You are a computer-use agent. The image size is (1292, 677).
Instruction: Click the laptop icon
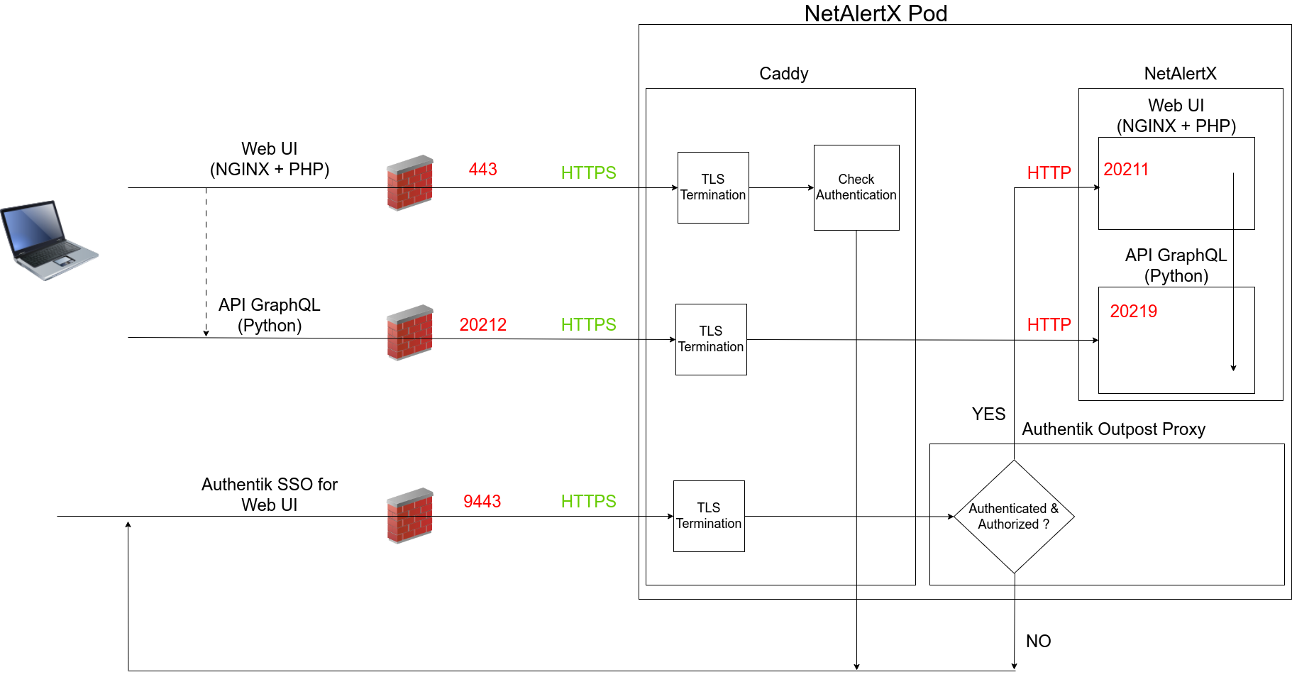(49, 240)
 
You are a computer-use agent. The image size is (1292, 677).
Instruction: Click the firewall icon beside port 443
(409, 183)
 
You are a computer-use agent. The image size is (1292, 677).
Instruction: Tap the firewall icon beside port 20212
(409, 333)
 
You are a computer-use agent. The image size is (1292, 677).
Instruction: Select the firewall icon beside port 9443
(409, 516)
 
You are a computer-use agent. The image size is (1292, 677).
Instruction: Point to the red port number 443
(482, 170)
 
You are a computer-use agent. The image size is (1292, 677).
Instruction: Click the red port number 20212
(482, 324)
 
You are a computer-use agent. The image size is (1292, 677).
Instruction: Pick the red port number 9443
(482, 502)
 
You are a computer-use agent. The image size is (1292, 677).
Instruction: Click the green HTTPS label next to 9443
(588, 502)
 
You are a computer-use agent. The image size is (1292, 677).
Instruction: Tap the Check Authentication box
(856, 187)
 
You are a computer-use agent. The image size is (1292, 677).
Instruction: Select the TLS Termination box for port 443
(713, 187)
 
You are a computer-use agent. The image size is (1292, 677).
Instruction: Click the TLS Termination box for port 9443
(709, 516)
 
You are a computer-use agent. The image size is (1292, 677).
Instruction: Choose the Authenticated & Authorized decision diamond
(1014, 517)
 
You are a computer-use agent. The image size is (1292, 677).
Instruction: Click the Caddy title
(783, 74)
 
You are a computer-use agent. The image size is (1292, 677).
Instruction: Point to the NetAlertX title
(1180, 74)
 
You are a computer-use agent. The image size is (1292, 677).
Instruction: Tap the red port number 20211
(1126, 170)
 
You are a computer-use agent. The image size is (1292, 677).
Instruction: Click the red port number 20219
(1133, 312)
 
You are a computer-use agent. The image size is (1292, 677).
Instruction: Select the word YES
(988, 414)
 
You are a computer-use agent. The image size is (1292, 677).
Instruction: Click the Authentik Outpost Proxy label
(1113, 429)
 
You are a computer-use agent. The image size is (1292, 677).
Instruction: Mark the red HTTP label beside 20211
(1049, 173)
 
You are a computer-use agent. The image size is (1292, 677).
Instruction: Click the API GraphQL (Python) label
(1176, 265)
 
